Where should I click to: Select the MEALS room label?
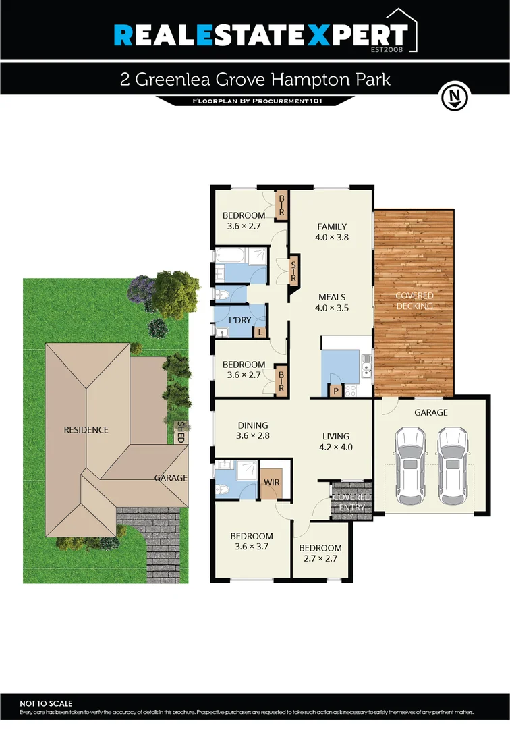[x=332, y=297]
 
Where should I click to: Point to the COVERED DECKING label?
[x=414, y=301]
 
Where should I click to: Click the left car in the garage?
[x=410, y=466]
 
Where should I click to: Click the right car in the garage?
[x=452, y=466]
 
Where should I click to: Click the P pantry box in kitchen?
[x=335, y=390]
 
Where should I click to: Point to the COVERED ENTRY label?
[x=351, y=502]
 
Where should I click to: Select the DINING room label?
[x=253, y=425]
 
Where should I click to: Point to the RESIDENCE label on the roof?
[x=86, y=430]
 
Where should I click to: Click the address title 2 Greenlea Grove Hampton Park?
[x=255, y=80]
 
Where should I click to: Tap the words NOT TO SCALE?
[x=46, y=703]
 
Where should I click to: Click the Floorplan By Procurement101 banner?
[x=255, y=101]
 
